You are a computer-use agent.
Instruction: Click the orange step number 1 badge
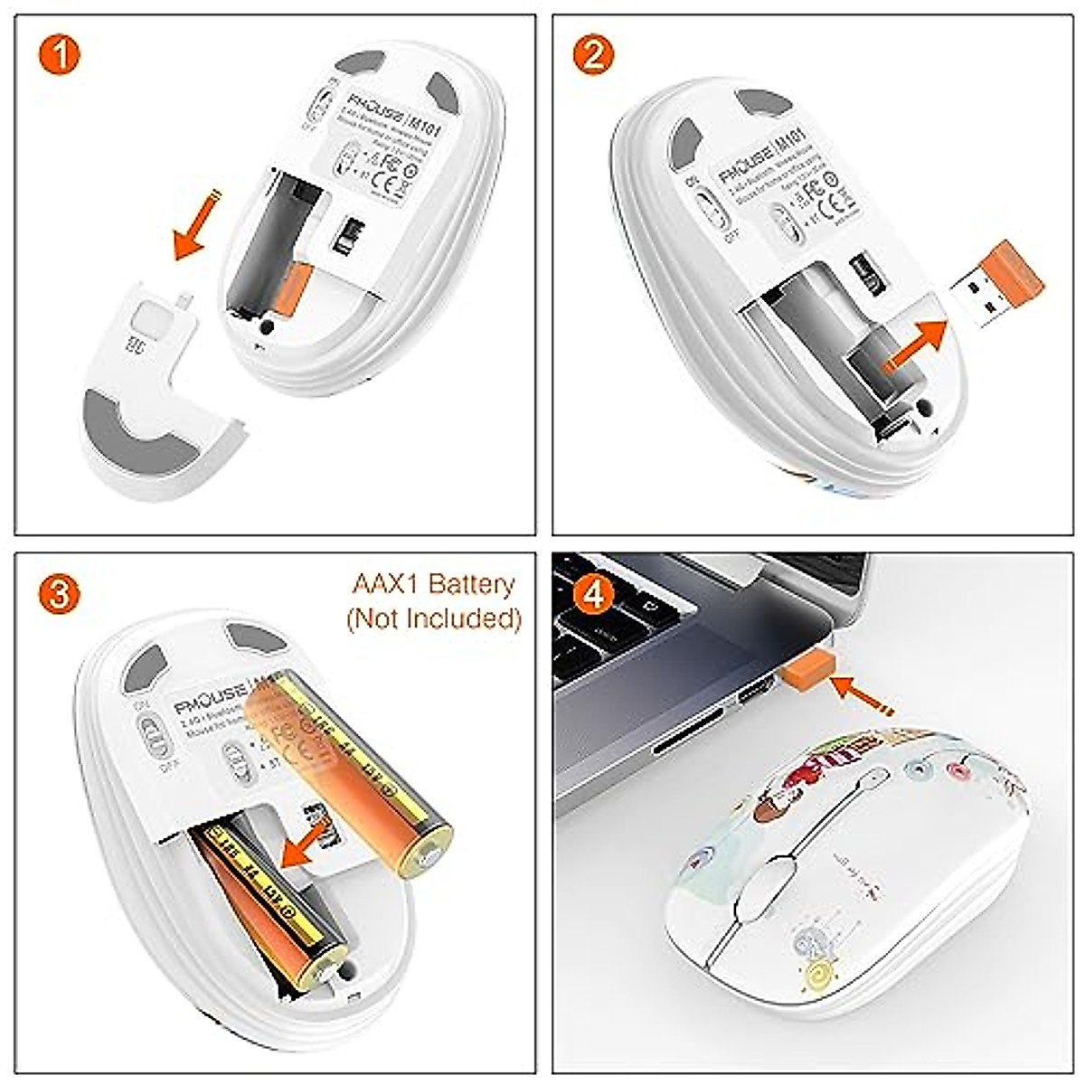coord(60,56)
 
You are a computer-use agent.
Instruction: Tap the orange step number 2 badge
coord(594,56)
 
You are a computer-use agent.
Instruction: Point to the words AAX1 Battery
coord(433,584)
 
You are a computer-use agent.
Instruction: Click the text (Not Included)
coord(433,618)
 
